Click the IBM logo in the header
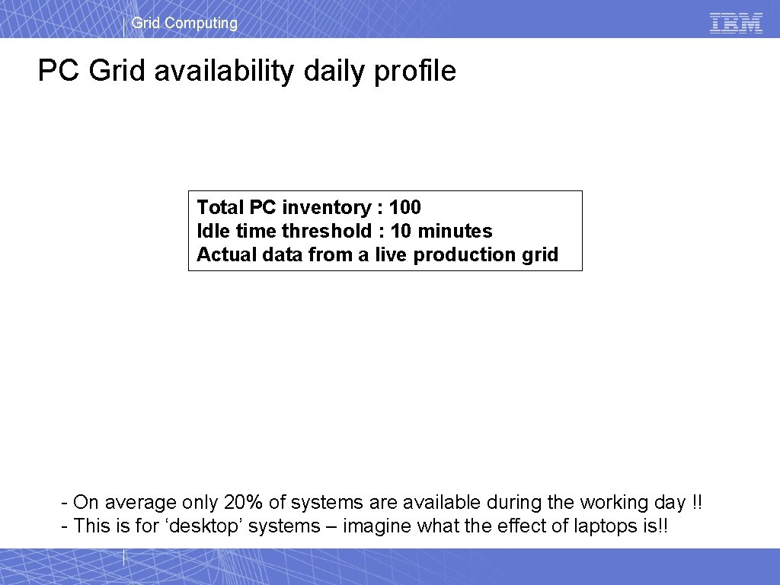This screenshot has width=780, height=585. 736,23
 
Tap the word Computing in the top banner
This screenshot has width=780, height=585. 201,23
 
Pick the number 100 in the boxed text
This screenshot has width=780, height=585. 404,207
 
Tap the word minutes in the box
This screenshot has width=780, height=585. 455,231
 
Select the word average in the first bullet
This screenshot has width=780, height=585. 141,503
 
